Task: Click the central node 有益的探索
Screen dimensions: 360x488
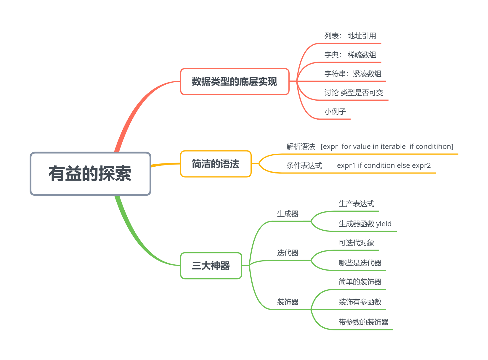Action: click(90, 174)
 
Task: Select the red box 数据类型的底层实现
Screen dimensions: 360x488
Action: click(235, 82)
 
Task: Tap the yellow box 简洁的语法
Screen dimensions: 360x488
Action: click(216, 164)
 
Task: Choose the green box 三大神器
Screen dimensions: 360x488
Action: click(211, 266)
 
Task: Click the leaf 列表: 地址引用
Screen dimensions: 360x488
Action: click(350, 36)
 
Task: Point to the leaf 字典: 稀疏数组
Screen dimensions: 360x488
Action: click(350, 55)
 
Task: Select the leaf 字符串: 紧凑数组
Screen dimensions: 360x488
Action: click(353, 74)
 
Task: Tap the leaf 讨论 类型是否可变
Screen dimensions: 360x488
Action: click(354, 93)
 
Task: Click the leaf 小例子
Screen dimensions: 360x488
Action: click(335, 112)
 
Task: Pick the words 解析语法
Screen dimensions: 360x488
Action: click(301, 147)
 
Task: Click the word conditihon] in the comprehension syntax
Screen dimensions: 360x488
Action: click(434, 147)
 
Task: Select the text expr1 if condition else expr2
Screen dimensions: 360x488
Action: click(383, 165)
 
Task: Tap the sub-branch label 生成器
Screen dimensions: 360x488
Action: click(288, 214)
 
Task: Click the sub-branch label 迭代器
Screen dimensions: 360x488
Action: click(288, 253)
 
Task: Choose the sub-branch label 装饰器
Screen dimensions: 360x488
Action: click(288, 302)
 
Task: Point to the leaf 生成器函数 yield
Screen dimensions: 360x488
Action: click(365, 224)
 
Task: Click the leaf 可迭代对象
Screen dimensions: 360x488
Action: click(356, 243)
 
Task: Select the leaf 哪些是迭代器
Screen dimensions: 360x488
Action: click(360, 263)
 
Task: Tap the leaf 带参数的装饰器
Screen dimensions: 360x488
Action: click(363, 322)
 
